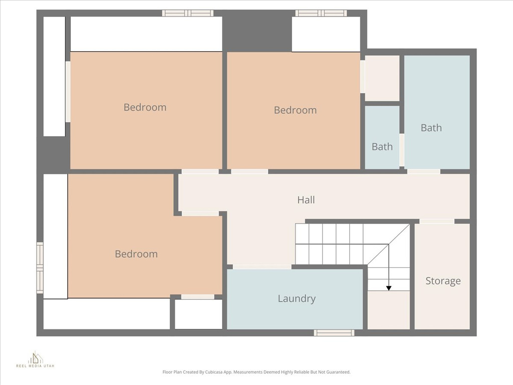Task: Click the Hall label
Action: [306, 200]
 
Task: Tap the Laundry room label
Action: [297, 299]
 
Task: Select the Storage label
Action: [443, 281]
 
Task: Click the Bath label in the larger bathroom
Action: [431, 128]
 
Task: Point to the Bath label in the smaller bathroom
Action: [382, 147]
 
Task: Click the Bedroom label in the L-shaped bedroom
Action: [136, 254]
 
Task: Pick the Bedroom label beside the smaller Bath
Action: [295, 110]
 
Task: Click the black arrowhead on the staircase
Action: [389, 288]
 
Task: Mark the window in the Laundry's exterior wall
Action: [334, 332]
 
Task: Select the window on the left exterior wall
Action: [40, 268]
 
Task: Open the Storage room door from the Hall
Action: [436, 222]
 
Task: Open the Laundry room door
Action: [262, 267]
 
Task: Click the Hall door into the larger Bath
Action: [423, 171]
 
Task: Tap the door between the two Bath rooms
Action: [402, 150]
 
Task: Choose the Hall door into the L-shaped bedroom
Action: [200, 214]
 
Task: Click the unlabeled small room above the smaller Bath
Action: [382, 78]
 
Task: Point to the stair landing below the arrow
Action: [388, 310]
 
